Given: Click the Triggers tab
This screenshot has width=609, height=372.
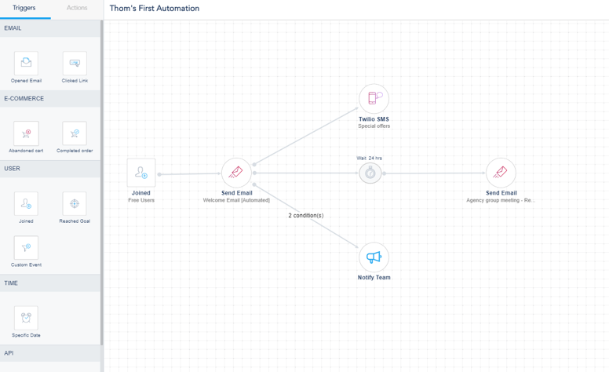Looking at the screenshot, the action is [x=24, y=8].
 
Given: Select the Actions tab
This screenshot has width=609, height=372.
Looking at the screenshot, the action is [x=77, y=8].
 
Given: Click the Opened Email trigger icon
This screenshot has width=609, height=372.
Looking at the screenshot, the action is [x=26, y=63].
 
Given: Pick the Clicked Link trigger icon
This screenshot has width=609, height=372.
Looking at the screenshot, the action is [x=75, y=63].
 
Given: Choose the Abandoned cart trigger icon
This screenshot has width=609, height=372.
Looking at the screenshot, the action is [x=26, y=133].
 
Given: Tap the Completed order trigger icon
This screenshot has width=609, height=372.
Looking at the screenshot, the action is [x=75, y=133].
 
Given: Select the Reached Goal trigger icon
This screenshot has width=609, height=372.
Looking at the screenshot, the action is [x=75, y=203].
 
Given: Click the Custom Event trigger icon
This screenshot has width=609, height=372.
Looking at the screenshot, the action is [x=26, y=247].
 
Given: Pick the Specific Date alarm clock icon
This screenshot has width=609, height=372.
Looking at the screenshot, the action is [x=26, y=318].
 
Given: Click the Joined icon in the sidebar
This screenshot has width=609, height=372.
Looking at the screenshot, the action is [x=26, y=203].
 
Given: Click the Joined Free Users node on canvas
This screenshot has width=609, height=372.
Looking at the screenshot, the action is [x=141, y=173].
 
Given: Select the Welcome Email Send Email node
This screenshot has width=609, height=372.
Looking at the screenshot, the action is [x=236, y=173].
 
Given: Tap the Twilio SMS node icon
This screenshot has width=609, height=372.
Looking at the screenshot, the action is [x=374, y=99].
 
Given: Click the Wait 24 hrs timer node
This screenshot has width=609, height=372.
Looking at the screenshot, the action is [x=370, y=173].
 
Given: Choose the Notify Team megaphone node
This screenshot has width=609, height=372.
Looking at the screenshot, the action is [x=374, y=257].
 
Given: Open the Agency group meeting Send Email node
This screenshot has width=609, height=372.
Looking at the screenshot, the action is [x=501, y=173].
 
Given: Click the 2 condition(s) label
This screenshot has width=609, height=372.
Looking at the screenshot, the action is [x=305, y=216].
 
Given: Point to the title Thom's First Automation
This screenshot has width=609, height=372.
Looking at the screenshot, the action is [x=154, y=8].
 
